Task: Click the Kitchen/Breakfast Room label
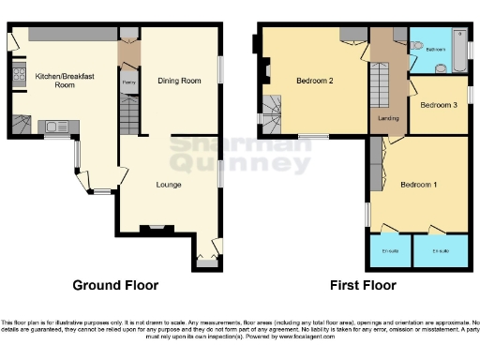click(53, 80)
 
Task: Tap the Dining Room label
click(178, 81)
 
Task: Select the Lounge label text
click(168, 185)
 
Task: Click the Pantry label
click(128, 82)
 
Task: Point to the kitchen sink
click(52, 123)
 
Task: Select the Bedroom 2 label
click(315, 81)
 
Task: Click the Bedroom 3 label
click(438, 105)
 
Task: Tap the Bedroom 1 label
click(419, 184)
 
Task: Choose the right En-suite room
click(439, 250)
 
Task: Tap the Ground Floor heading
click(116, 285)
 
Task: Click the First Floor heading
click(363, 285)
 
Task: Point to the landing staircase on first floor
click(379, 87)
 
